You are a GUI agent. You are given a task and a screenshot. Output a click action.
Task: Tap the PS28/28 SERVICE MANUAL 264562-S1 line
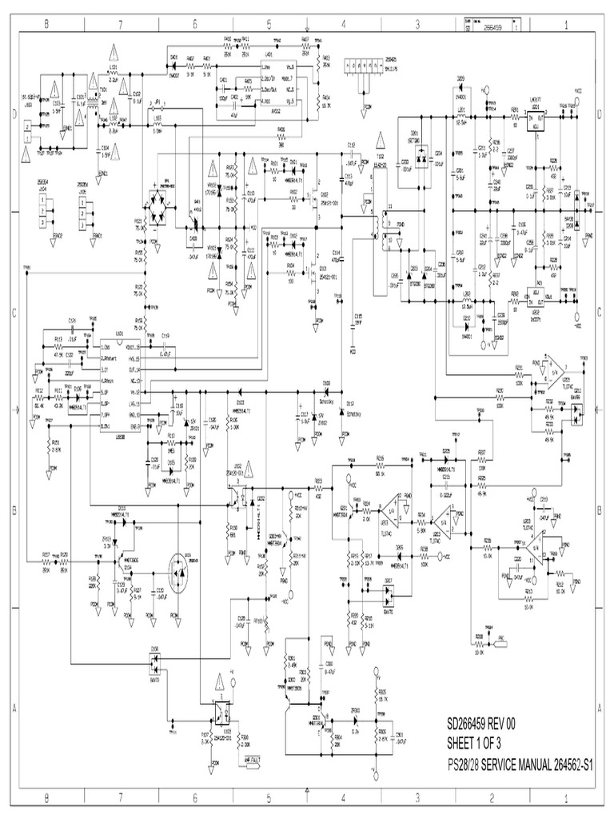coord(520,764)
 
